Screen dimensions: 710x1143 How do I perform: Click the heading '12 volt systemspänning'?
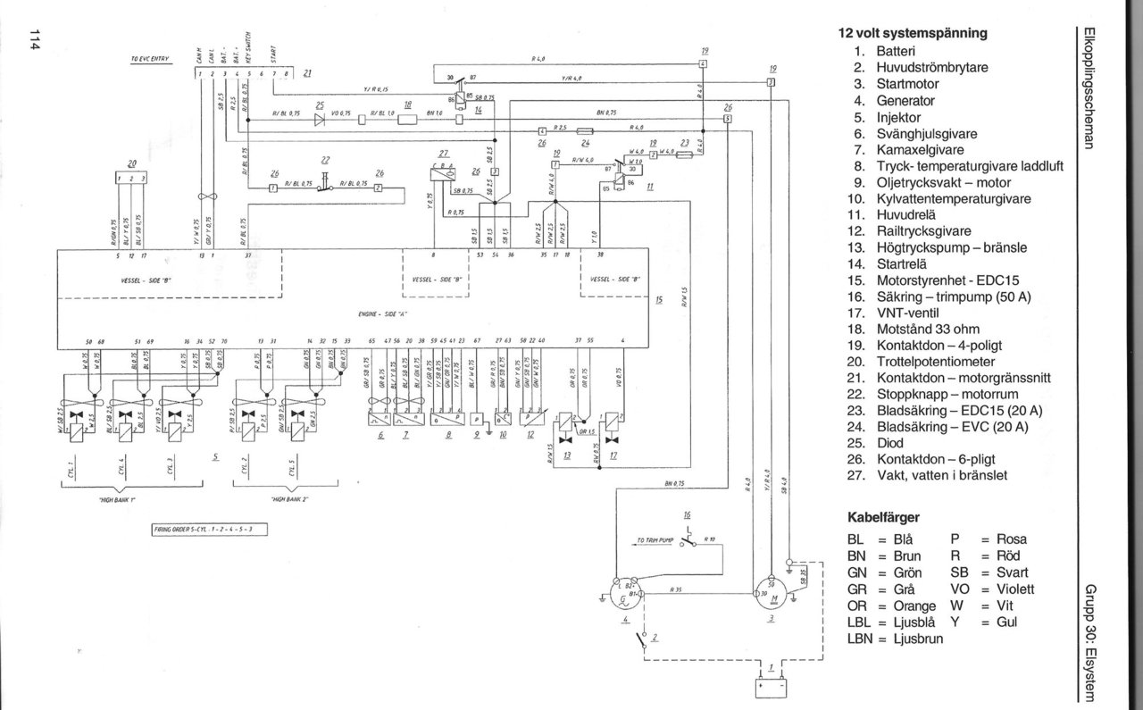pos(912,33)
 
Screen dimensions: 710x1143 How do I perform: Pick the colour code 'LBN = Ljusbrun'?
pos(895,639)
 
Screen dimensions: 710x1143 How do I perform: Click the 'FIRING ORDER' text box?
pos(211,529)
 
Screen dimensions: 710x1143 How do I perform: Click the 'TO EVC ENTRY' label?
pos(149,59)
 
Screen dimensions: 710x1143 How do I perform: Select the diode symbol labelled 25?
pos(319,121)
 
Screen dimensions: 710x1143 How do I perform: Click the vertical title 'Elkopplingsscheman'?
pos(1089,89)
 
